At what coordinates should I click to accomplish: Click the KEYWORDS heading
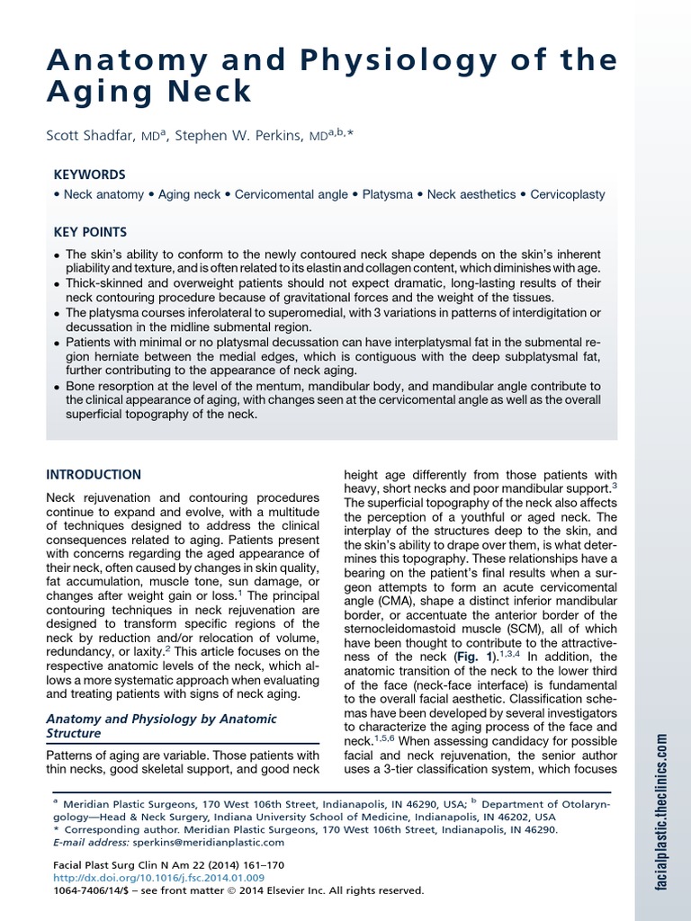[87, 174]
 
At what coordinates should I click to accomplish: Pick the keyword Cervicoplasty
[567, 194]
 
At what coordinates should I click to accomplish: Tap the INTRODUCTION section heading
[94, 474]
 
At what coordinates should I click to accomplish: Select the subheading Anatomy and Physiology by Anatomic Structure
[160, 726]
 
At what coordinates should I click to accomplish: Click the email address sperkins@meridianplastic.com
[209, 843]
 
